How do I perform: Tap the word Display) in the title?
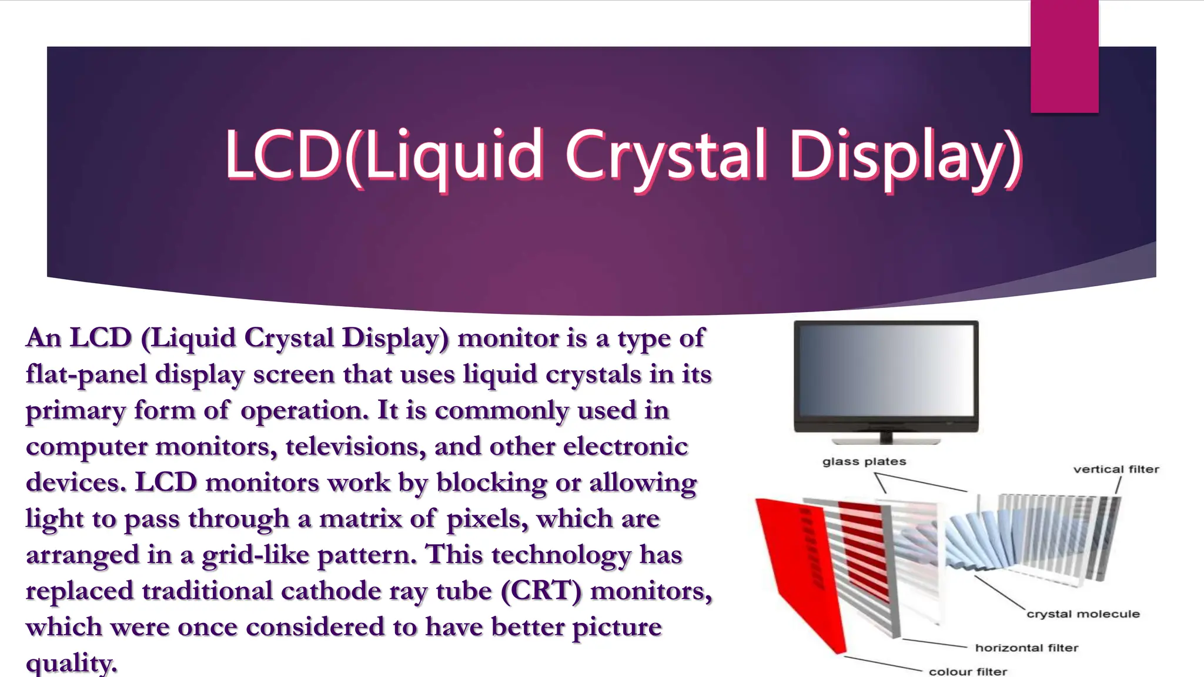tap(905, 155)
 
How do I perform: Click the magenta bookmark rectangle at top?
tap(1064, 56)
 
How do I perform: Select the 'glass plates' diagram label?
tap(864, 462)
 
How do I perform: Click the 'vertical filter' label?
tap(1115, 470)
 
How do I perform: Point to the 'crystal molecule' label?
tap(1082, 614)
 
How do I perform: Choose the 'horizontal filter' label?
tap(1026, 648)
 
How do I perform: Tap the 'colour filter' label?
tap(968, 671)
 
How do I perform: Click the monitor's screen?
tap(886, 370)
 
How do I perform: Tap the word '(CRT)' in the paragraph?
tap(541, 591)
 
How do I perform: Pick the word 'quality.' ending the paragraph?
tap(71, 663)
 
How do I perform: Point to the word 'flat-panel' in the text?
tap(86, 374)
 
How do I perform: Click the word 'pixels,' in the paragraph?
tap(487, 519)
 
